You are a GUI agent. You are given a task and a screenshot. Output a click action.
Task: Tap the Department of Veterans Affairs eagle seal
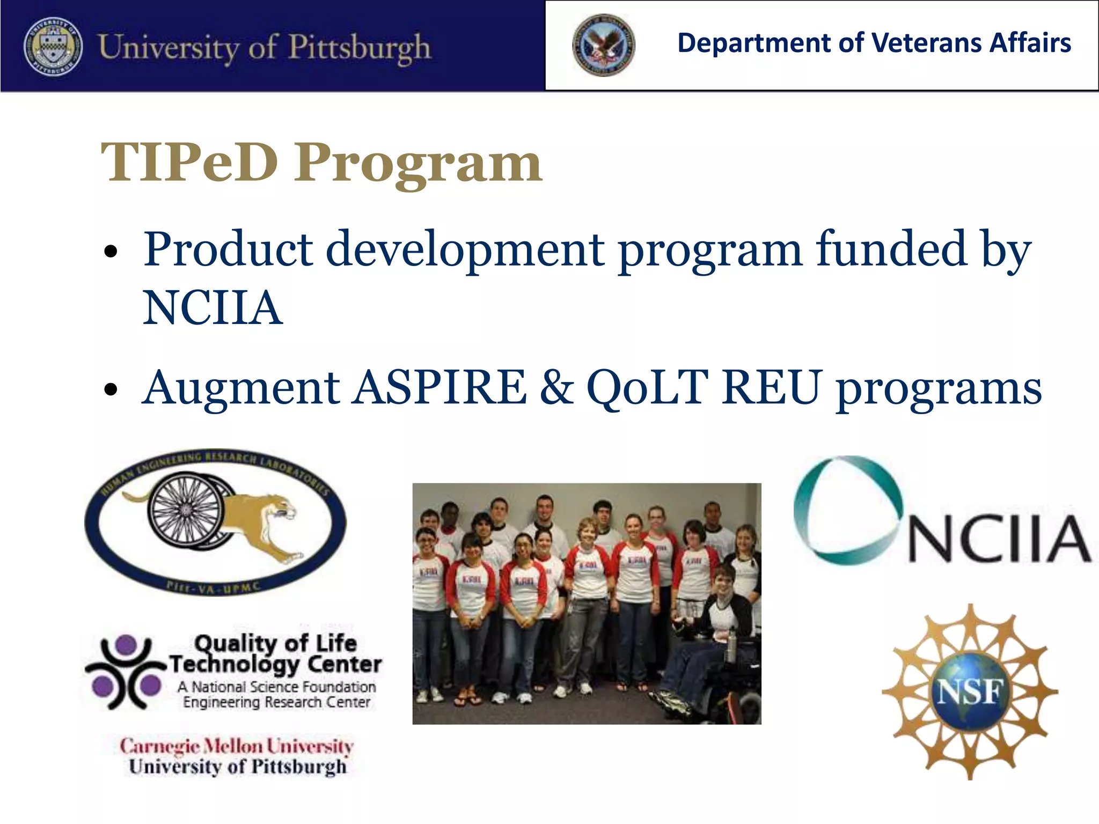[x=603, y=45]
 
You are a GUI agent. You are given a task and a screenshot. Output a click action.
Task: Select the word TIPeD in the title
[x=189, y=163]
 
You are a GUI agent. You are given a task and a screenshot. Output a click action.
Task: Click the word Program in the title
[x=418, y=164]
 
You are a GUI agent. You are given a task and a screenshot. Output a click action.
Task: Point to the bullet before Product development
[x=111, y=251]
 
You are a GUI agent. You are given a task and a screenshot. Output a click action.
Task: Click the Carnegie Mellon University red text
[x=236, y=746]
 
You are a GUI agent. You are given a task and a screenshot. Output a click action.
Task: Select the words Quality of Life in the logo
[x=275, y=643]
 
